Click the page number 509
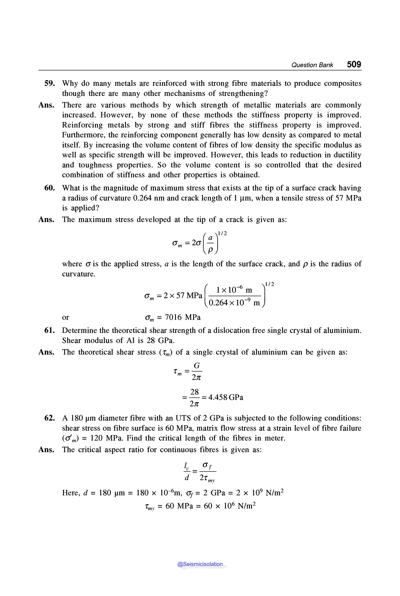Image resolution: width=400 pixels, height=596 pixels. pos(354,64)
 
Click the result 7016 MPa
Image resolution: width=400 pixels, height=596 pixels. pos(183,317)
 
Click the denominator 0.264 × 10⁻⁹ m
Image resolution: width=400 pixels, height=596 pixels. pos(234,303)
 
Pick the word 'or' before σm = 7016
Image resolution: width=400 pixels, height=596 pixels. pos(66,317)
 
